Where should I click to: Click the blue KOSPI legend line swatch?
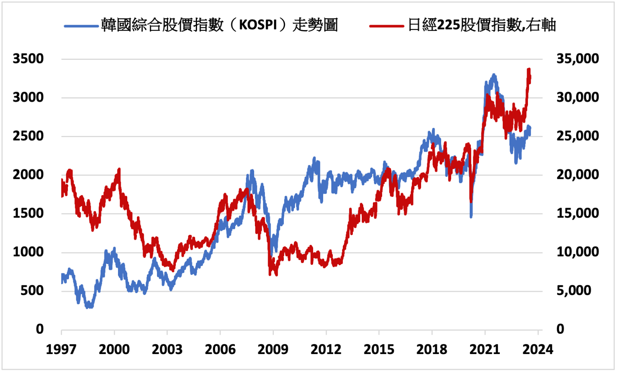pyautogui.click(x=81, y=26)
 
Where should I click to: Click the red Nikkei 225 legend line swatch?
pyautogui.click(x=386, y=26)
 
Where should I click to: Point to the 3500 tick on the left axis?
pyautogui.click(x=28, y=59)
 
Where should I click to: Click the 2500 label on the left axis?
pyautogui.click(x=28, y=136)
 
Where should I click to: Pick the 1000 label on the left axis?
pyautogui.click(x=28, y=252)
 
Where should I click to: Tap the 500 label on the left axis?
pyautogui.click(x=32, y=290)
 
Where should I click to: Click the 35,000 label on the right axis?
pyautogui.click(x=577, y=59)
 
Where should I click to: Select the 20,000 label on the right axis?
pyautogui.click(x=577, y=175)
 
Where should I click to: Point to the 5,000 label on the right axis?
pyautogui.click(x=573, y=290)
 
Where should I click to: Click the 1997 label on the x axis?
pyautogui.click(x=61, y=349)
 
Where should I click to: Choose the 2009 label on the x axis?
pyautogui.click(x=273, y=349)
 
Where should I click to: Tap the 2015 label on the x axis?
pyautogui.click(x=379, y=349)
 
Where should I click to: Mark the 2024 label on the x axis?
pyautogui.click(x=538, y=349)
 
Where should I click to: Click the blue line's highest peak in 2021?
pyautogui.click(x=494, y=75)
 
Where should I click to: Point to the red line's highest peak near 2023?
pyautogui.click(x=529, y=70)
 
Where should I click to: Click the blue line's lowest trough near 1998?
pyautogui.click(x=89, y=307)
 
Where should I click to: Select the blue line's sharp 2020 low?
pyautogui.click(x=471, y=217)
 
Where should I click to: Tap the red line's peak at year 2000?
pyautogui.click(x=119, y=169)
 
